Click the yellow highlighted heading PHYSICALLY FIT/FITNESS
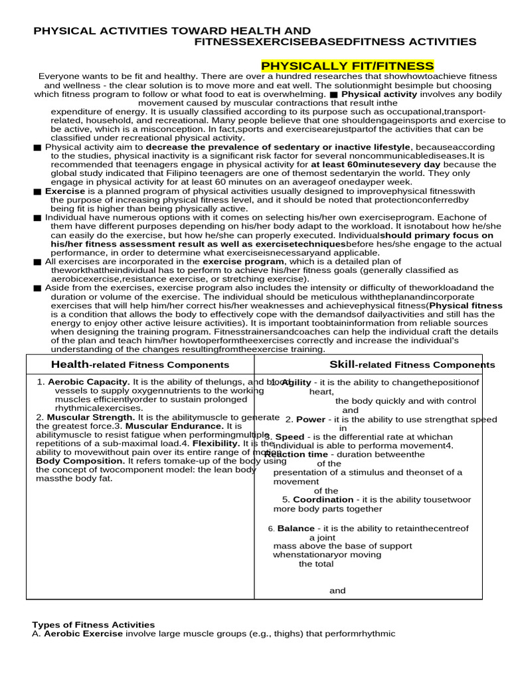tap(347, 66)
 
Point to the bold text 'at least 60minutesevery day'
tap(375, 164)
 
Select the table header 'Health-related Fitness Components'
tap(140, 365)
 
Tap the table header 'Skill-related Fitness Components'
tap(412, 365)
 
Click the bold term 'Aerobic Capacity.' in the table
tap(89, 382)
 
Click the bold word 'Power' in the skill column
tap(310, 420)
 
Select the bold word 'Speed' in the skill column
tap(290, 437)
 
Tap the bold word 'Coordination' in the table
tap(323, 499)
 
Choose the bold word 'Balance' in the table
tap(296, 529)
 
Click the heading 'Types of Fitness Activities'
tap(94, 625)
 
